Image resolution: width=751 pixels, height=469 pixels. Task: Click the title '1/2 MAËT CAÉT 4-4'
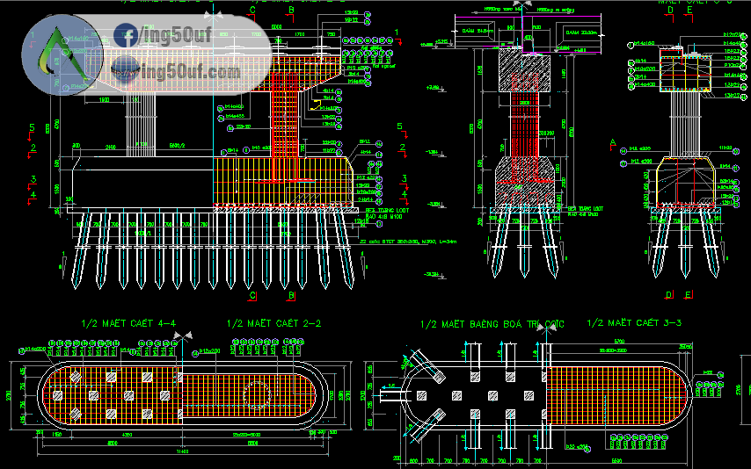pos(128,324)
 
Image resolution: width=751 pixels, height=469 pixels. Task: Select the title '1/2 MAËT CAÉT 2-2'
pos(273,324)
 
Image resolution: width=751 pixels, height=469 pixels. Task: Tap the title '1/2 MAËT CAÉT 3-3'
pos(633,324)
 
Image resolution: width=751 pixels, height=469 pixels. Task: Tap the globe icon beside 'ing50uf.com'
pos(126,68)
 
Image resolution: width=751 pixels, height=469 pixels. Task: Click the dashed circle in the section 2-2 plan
pos(256,394)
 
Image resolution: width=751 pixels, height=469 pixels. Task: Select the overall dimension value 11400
pos(182,452)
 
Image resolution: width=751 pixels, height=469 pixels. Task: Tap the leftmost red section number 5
pos(32,128)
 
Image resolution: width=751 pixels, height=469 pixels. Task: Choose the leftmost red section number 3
pos(32,180)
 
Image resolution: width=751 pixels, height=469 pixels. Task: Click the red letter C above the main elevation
pos(252,10)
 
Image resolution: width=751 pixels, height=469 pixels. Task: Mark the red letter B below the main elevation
pos(290,295)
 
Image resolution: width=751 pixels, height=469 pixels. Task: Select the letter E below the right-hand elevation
pos(689,294)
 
